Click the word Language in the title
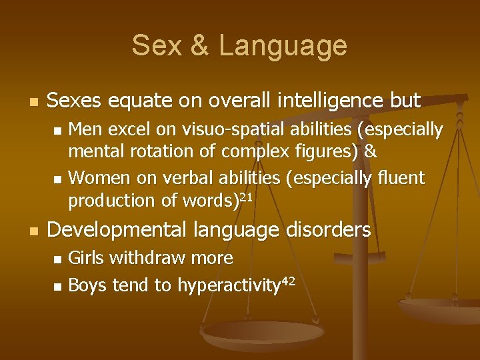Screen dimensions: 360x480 (x=283, y=45)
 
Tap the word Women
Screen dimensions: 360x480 (x=95, y=177)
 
